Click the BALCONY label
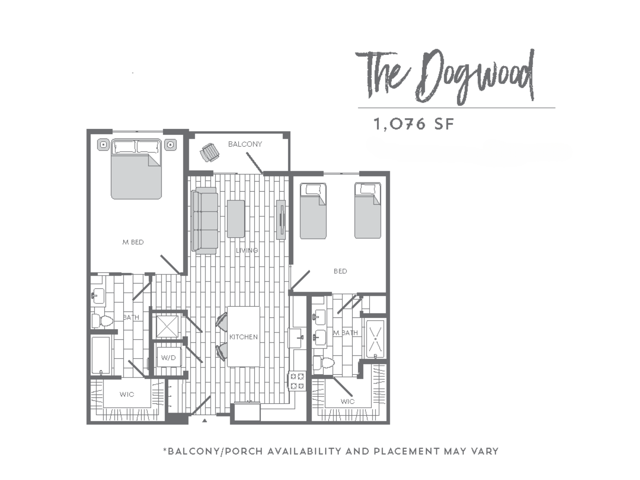tap(245, 144)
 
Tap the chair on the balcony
tap(210, 152)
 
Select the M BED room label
tap(133, 242)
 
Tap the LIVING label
tap(247, 250)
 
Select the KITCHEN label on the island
tap(243, 337)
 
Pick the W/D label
tap(168, 357)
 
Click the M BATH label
tap(345, 333)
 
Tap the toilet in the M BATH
tap(324, 363)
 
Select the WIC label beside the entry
tap(127, 394)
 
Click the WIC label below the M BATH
tap(347, 401)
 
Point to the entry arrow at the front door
tap(205, 421)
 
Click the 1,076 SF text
tap(414, 124)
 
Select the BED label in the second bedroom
tap(340, 271)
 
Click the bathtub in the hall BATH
tap(101, 355)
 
